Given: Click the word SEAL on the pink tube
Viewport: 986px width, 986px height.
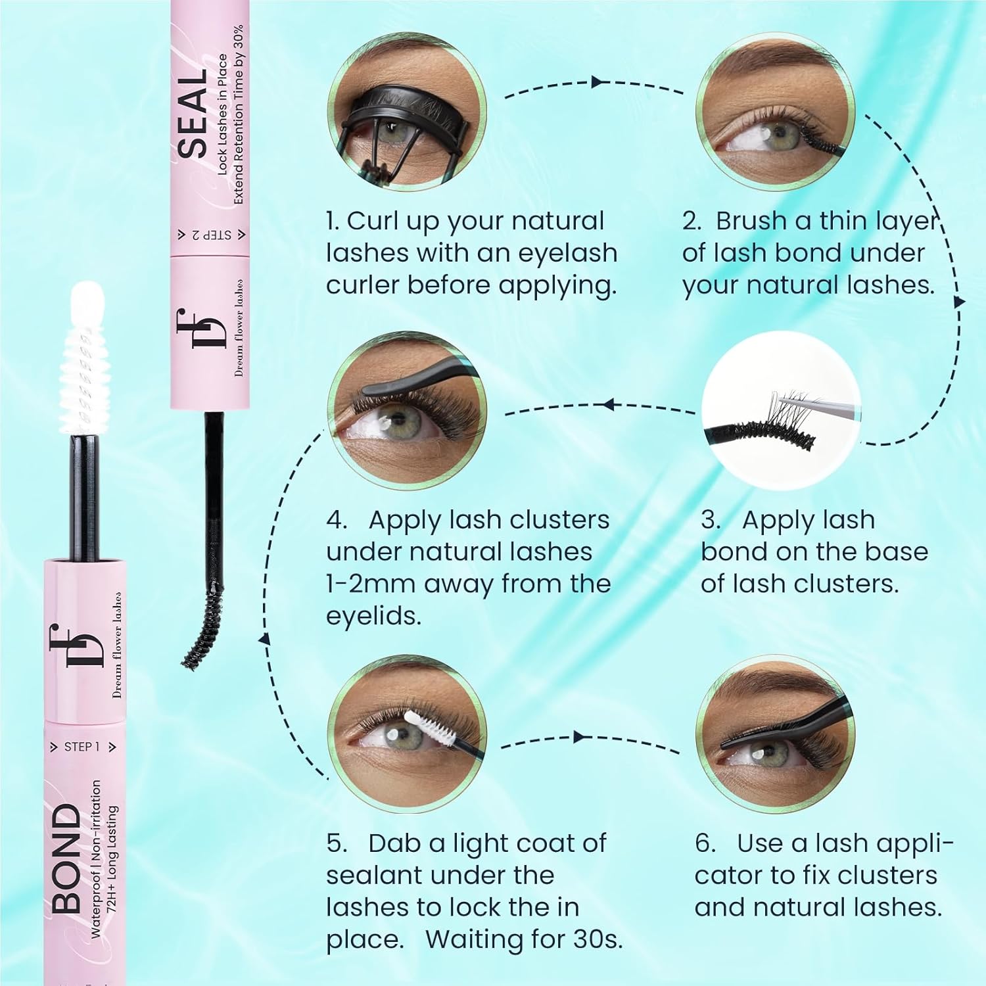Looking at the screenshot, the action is [x=193, y=116].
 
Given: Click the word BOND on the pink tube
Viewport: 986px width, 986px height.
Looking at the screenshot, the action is [x=67, y=858].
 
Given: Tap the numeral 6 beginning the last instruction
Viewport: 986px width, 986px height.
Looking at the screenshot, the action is [x=705, y=843].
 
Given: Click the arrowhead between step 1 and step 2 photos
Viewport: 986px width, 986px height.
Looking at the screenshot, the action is [x=598, y=82].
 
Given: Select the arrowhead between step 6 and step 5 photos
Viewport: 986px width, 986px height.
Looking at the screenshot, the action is [x=579, y=737].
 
